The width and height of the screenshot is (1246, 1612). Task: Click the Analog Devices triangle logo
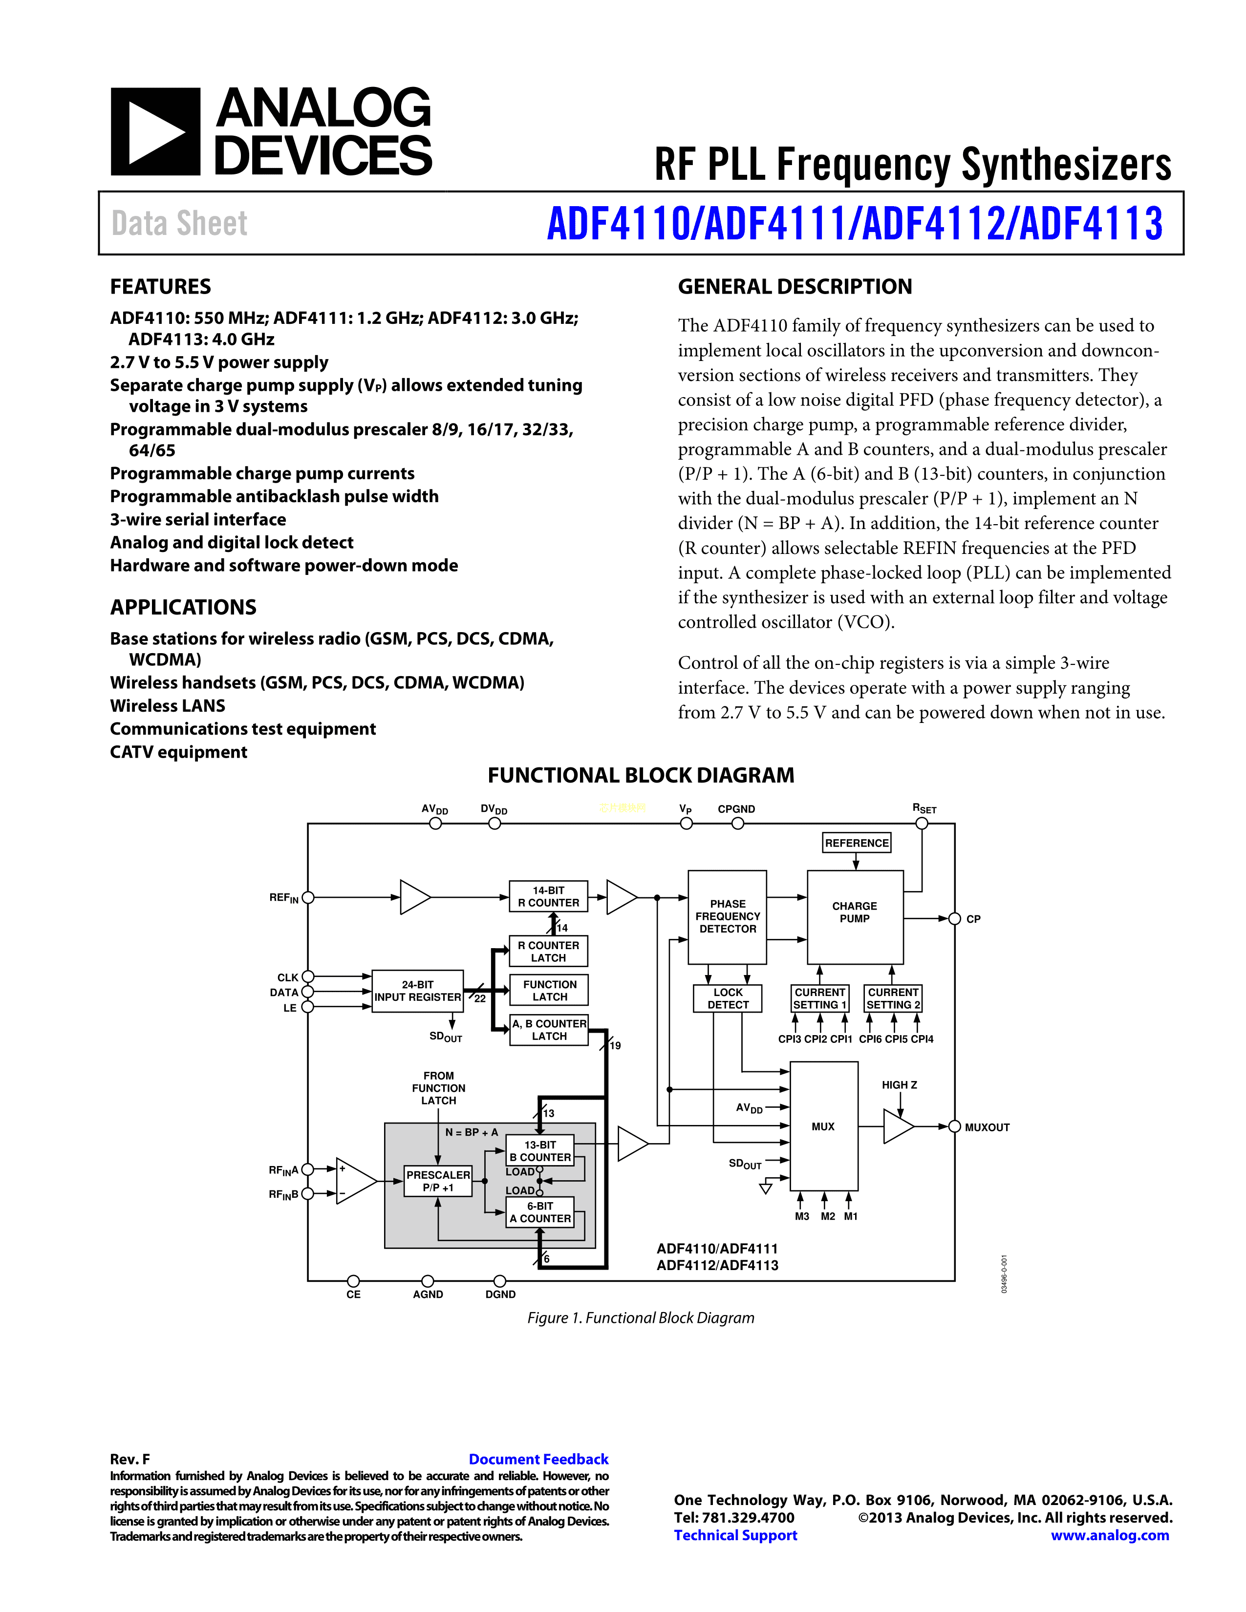point(155,132)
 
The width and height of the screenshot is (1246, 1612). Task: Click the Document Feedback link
point(538,1459)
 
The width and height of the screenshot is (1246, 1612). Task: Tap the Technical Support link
point(735,1535)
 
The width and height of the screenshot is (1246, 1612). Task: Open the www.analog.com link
point(1110,1535)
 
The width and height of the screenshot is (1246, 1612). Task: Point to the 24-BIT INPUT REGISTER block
point(417,991)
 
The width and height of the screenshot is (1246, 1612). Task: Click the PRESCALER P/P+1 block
point(438,1180)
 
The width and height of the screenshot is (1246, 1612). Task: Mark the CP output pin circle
point(954,919)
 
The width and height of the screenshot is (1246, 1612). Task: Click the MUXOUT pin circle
point(954,1126)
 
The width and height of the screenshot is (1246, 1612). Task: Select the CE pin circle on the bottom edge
point(354,1281)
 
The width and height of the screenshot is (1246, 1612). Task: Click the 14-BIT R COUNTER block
point(548,896)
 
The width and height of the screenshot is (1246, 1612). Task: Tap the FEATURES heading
point(160,286)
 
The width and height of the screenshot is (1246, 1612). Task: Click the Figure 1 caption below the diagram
point(641,1317)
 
